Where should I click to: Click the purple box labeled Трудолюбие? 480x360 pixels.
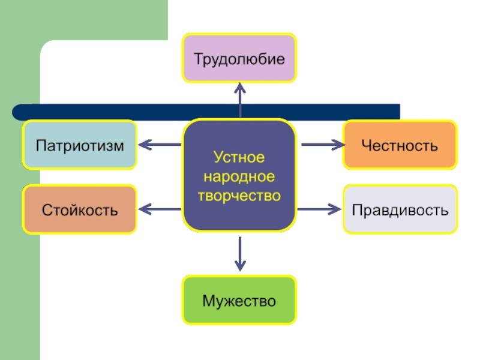tap(239, 58)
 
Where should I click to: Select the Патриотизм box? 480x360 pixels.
tap(80, 145)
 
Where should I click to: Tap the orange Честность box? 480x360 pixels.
tap(400, 145)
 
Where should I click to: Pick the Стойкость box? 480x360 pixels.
tap(80, 210)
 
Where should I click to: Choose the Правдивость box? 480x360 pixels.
tap(400, 210)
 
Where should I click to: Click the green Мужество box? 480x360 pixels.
tap(239, 300)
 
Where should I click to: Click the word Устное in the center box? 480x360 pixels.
tap(239, 158)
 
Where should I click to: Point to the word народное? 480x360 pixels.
tap(239, 177)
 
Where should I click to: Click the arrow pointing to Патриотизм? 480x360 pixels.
tap(160, 145)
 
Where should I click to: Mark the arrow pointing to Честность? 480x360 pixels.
tap(322, 145)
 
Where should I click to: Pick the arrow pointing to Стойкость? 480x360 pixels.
tap(160, 209)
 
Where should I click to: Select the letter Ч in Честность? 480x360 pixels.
tap(365, 145)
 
